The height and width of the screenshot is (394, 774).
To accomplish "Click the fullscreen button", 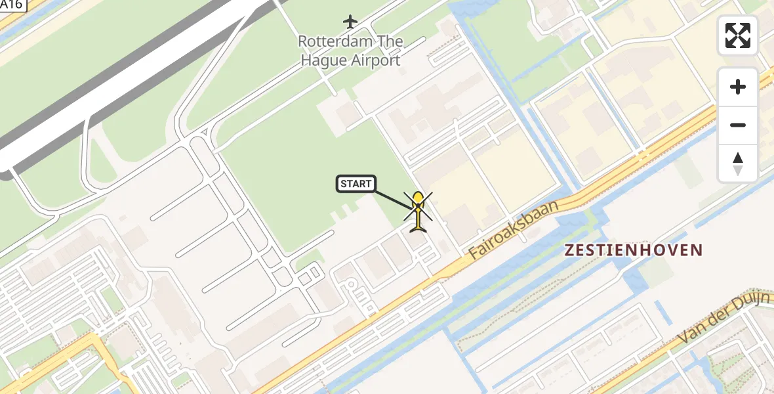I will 738,35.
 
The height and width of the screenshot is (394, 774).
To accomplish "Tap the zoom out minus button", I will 738,125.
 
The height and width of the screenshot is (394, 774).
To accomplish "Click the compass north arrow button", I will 738,163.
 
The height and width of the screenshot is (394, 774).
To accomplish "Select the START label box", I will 356,184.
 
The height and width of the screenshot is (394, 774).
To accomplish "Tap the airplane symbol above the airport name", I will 350,22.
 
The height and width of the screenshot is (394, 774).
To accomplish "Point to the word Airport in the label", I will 373,60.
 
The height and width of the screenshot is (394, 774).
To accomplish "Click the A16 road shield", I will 12,5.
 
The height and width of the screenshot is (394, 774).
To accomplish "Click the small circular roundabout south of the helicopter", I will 350,284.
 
